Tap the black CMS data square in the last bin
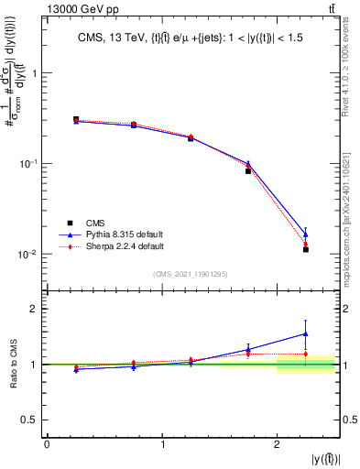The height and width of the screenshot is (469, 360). [x=306, y=249]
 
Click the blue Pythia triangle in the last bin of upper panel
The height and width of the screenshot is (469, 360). [x=306, y=234]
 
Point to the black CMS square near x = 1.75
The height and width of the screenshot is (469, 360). [x=248, y=171]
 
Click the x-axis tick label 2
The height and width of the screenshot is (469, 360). [x=277, y=443]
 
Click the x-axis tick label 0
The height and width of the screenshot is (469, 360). [x=47, y=443]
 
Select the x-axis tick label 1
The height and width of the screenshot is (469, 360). [x=162, y=443]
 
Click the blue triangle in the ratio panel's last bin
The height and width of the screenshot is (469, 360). [x=306, y=334]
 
